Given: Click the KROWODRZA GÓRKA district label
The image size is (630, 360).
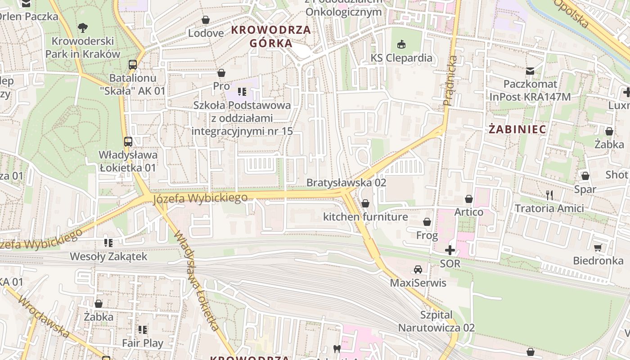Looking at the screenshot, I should pyautogui.click(x=271, y=36).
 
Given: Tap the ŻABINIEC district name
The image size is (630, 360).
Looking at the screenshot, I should pyautogui.click(x=517, y=130).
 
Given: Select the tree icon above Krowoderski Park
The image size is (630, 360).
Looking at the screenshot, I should pyautogui.click(x=83, y=28).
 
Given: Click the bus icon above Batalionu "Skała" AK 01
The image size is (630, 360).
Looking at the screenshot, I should pyautogui.click(x=132, y=64).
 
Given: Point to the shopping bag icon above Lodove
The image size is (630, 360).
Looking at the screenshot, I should pyautogui.click(x=206, y=20).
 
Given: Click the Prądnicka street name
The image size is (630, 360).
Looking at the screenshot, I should pyautogui.click(x=450, y=81).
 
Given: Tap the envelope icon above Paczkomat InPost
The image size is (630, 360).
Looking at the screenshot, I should pyautogui.click(x=530, y=71).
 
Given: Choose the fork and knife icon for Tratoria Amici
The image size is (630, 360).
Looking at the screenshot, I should pyautogui.click(x=549, y=195).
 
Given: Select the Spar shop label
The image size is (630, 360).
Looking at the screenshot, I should pyautogui.click(x=585, y=189).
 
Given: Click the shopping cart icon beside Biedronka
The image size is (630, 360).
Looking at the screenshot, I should pyautogui.click(x=598, y=247).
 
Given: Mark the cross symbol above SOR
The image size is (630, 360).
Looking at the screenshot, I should pyautogui.click(x=450, y=250).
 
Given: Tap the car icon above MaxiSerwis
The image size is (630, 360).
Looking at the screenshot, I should pyautogui.click(x=418, y=270).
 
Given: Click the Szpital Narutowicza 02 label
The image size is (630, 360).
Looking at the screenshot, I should pyautogui.click(x=436, y=321).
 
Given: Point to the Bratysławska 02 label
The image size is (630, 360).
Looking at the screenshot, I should pyautogui.click(x=346, y=183).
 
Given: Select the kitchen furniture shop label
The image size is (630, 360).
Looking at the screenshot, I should pyautogui.click(x=365, y=217).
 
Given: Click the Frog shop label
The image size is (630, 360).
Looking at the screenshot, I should pyautogui.click(x=427, y=235).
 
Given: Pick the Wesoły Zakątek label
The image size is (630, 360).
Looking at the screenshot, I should pyautogui.click(x=108, y=256).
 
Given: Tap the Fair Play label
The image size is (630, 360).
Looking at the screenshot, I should pyautogui.click(x=143, y=343).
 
